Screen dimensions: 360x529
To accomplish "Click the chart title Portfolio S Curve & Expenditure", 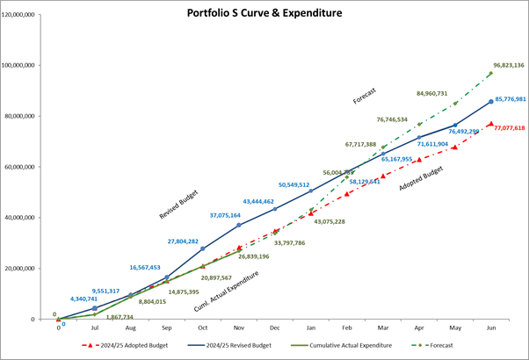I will click(264, 14).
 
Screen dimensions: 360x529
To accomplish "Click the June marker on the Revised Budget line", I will click(490, 102).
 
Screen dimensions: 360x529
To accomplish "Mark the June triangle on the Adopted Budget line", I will click(490, 124).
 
